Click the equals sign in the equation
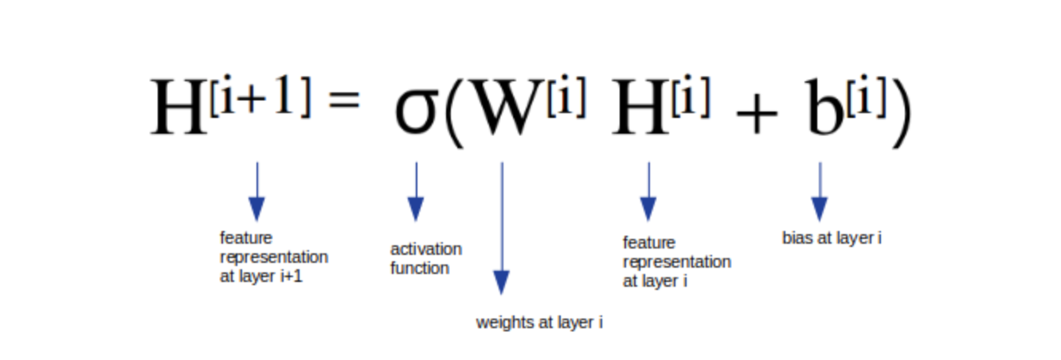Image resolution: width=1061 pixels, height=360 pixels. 344,100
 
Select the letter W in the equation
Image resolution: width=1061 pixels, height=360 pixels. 509,107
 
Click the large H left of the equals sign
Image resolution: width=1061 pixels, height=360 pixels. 178,107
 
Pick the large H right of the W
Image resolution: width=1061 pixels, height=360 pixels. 640,107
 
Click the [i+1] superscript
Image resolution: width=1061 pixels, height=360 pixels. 260,96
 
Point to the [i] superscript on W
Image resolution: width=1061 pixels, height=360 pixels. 566,96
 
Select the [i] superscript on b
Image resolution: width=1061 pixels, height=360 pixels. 867,96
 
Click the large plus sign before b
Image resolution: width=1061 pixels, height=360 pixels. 757,114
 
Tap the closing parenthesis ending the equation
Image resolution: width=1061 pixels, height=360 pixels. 902,113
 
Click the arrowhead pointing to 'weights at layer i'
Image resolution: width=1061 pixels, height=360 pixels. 502,282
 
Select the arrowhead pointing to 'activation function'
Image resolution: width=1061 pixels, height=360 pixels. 416,209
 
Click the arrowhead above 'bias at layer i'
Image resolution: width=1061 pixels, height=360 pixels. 820,209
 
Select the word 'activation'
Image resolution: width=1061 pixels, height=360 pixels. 426,249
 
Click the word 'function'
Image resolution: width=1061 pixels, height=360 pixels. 420,268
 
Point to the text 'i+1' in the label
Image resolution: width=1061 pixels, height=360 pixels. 292,276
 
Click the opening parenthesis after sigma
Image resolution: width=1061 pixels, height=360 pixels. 455,113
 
